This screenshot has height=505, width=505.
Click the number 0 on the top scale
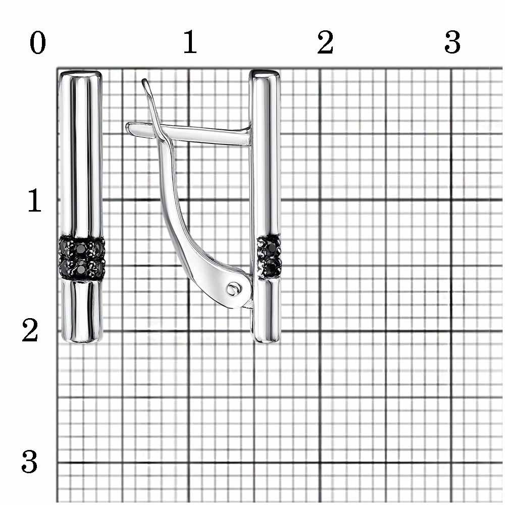tap(38, 43)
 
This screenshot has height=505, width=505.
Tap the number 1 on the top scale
tap(190, 42)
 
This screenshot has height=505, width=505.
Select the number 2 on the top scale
tap(325, 42)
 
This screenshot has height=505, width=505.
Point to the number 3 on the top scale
tap(452, 42)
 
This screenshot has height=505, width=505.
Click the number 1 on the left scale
tap(35, 200)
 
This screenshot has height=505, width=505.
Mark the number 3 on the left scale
tap(30, 462)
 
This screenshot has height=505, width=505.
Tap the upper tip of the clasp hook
tap(144, 80)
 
